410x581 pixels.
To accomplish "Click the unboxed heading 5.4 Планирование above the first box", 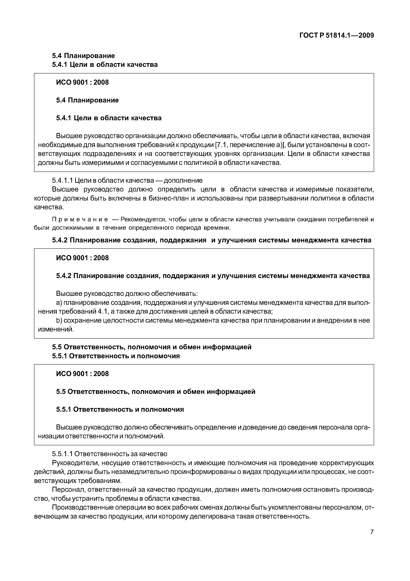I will point(83,55).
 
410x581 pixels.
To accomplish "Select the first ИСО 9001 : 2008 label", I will point(82,82).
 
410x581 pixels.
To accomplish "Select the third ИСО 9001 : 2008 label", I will point(82,374).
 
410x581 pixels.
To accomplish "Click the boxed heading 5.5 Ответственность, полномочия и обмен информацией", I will point(156,392).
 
